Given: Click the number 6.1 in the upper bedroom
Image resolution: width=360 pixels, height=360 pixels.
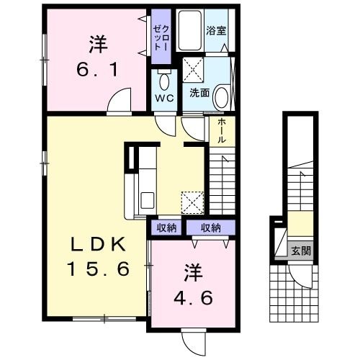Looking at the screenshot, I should [98, 71].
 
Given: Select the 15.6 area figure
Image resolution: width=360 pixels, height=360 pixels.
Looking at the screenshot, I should [98, 269].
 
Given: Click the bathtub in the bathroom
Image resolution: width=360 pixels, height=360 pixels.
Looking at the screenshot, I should [191, 30].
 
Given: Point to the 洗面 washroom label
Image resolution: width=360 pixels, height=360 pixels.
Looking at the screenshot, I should [199, 93].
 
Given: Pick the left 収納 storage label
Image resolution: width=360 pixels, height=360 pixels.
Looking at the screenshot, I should [166, 228].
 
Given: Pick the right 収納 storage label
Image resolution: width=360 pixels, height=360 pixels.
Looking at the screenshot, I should [210, 228].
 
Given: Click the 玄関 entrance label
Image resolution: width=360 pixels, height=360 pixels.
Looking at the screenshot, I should [301, 251].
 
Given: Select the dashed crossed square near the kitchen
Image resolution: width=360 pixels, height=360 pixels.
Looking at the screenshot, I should [192, 202].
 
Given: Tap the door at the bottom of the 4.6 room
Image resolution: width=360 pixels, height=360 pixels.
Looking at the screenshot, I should [193, 338].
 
